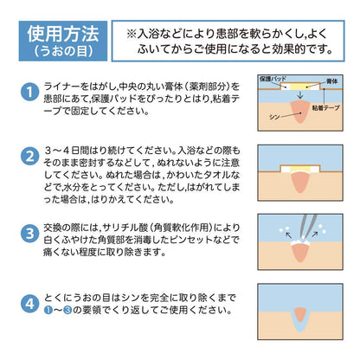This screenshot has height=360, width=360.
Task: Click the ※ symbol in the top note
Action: [132, 32]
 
